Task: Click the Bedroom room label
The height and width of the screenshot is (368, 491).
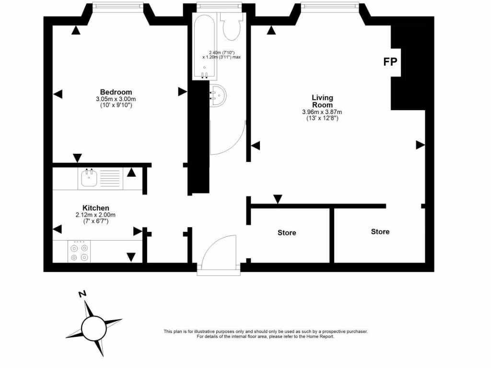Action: tap(116, 92)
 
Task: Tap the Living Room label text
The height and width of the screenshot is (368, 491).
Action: tap(322, 101)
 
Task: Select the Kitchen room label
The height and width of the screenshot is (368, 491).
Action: tap(95, 207)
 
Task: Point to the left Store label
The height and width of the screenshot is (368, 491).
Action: tap(287, 233)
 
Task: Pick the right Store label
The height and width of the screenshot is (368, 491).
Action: tap(380, 231)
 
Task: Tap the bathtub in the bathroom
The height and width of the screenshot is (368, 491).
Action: tap(205, 46)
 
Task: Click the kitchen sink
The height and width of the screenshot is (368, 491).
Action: tap(89, 178)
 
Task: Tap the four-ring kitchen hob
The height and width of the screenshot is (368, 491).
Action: tap(79, 253)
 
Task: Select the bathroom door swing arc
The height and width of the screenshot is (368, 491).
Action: tap(229, 139)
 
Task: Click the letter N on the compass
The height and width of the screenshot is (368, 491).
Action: tap(82, 294)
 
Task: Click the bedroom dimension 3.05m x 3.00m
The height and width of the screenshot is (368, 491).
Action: tap(116, 99)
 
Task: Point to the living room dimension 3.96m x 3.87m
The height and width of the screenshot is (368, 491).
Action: tap(322, 112)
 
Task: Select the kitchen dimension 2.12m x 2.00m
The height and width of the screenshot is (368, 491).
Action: tap(95, 215)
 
